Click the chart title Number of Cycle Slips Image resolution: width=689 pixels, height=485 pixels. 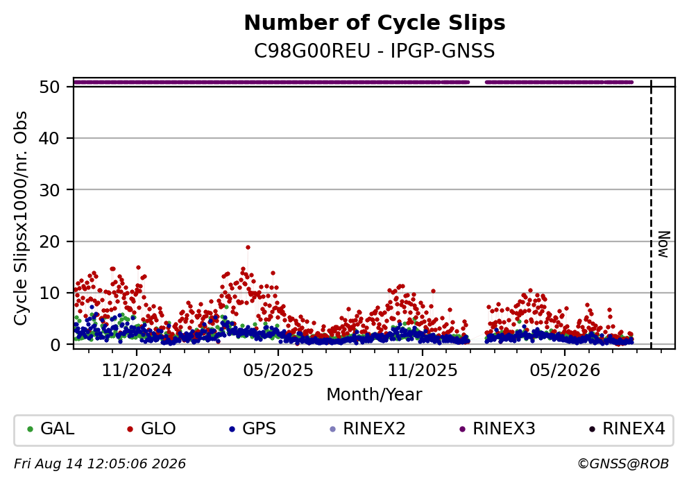tap(375, 23)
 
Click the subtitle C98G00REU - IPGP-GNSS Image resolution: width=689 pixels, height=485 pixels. tap(375, 51)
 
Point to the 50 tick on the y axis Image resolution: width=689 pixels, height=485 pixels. tap(49, 87)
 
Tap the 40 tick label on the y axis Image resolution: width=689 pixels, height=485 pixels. tap(49, 138)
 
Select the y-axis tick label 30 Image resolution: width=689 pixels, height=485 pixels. tap(49, 190)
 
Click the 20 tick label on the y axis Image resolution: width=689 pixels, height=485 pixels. tap(49, 241)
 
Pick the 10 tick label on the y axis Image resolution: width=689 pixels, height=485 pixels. tap(49, 293)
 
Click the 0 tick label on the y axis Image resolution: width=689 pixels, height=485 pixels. tap(55, 345)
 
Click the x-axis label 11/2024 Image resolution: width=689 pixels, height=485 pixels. tap(137, 371)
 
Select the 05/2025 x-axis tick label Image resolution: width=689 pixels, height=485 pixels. tap(278, 371)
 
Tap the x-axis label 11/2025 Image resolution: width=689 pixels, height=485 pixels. tap(423, 371)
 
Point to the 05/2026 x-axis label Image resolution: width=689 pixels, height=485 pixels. tap(565, 371)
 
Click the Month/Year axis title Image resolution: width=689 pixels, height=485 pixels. tap(374, 395)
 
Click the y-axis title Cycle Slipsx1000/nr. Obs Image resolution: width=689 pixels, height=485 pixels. tap(20, 219)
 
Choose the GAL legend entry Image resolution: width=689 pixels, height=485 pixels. tap(51, 429)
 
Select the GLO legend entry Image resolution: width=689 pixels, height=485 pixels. tap(151, 429)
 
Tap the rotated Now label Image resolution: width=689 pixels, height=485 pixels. tap(663, 244)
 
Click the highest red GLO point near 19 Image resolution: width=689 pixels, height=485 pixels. tap(248, 247)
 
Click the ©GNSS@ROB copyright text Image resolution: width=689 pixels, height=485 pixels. tap(623, 464)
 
